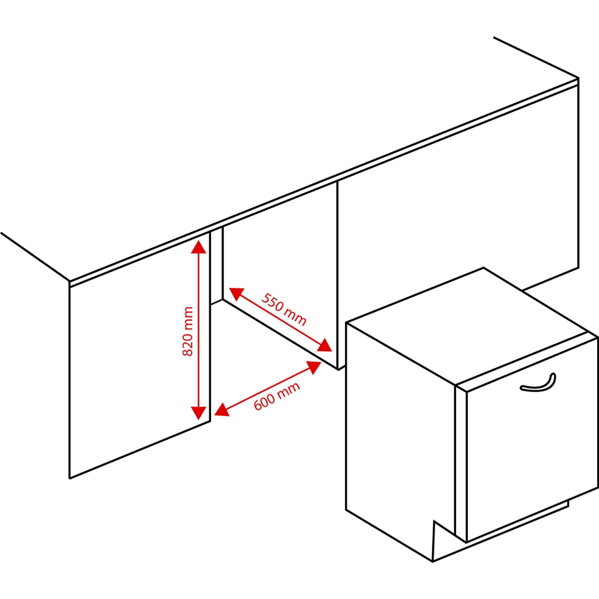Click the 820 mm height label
click(x=188, y=331)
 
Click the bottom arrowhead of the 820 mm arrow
click(x=199, y=413)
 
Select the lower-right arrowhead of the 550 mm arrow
click(x=324, y=345)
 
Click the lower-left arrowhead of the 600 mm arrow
click(x=222, y=410)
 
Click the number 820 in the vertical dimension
click(x=188, y=344)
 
